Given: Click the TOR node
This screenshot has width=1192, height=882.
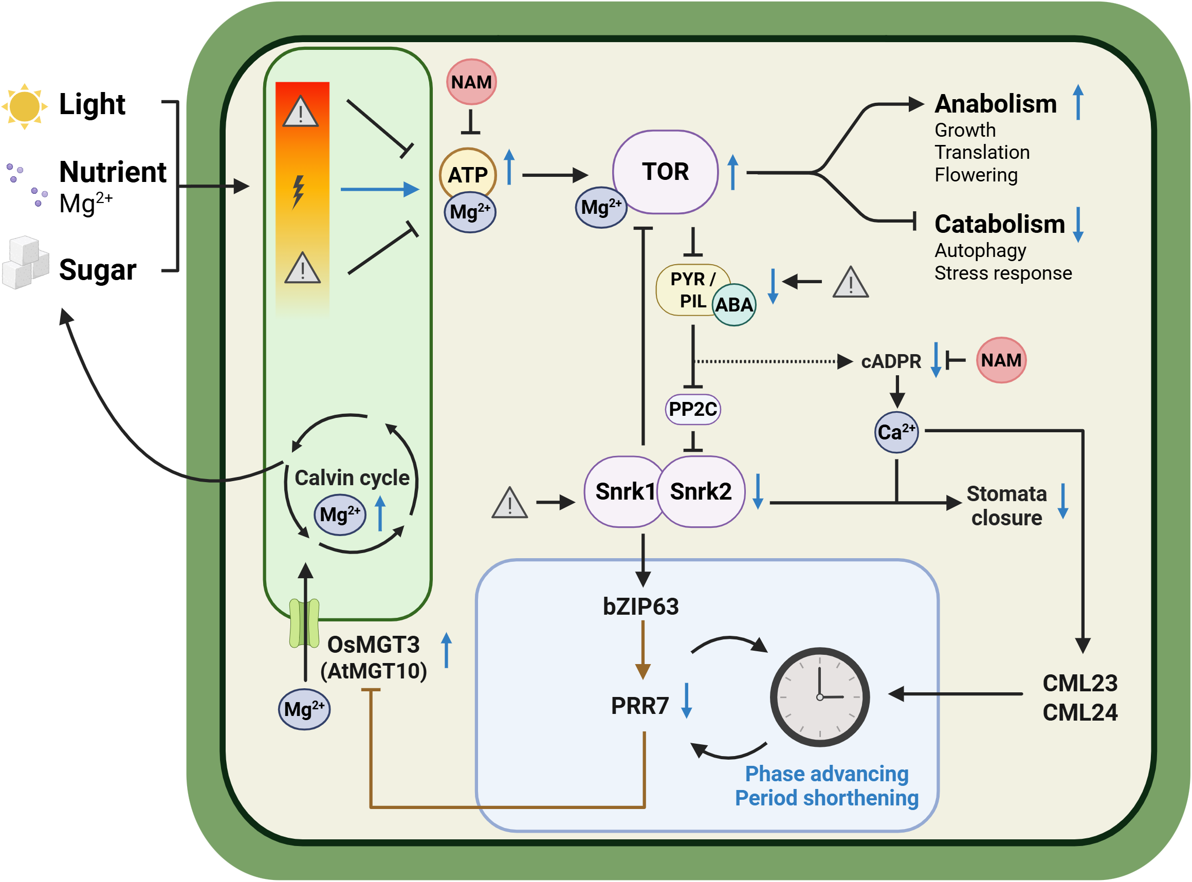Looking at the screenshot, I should (x=665, y=172).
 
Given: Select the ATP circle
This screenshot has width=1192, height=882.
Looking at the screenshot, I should (x=468, y=174).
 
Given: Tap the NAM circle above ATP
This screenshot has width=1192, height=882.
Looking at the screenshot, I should (x=471, y=82).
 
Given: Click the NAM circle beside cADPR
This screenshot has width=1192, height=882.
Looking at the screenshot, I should (x=1001, y=360).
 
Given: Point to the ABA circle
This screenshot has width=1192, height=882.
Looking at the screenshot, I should (x=734, y=305).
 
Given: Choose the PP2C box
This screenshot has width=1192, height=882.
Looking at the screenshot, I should (x=693, y=410).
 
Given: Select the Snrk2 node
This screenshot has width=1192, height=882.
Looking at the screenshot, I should (x=701, y=492).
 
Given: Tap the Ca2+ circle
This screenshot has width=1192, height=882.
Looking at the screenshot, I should (x=896, y=432).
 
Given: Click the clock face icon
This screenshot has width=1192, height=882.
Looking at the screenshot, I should (x=819, y=697).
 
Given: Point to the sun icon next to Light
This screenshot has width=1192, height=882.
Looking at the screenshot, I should (x=25, y=106).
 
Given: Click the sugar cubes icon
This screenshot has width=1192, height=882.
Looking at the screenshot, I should (x=26, y=263).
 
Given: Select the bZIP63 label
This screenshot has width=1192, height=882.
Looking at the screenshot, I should (x=640, y=607).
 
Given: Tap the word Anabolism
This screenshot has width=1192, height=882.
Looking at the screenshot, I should (x=996, y=104).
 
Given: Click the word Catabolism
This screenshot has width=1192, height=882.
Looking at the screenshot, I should (x=999, y=224).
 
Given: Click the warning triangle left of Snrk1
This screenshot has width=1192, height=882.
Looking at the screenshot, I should (x=510, y=504).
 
